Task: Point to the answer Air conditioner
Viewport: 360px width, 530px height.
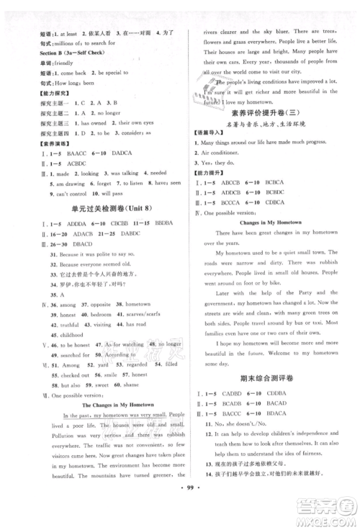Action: [226, 165]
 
